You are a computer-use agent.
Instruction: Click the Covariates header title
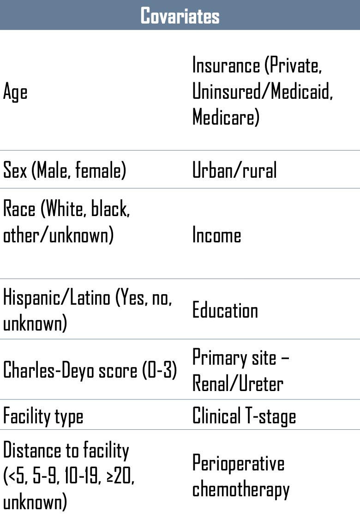tap(180, 16)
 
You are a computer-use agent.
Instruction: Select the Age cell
tap(15, 91)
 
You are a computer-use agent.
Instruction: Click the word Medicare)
tap(226, 117)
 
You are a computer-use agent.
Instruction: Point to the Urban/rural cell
tap(234, 170)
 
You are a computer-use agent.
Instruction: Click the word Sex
tap(15, 170)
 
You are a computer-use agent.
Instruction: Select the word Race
tap(19, 209)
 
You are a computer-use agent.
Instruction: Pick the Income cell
tap(216, 235)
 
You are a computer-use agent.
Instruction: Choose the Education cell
tap(225, 310)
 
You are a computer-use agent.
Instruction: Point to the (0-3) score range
tap(160, 370)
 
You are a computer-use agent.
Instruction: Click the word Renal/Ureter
tap(238, 384)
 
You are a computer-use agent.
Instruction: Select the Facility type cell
tap(43, 416)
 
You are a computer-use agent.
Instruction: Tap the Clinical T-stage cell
tap(244, 416)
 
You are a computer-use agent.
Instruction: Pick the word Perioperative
tap(238, 464)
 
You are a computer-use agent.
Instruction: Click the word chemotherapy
tap(241, 489)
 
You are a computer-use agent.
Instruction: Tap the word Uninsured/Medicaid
tap(263, 91)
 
